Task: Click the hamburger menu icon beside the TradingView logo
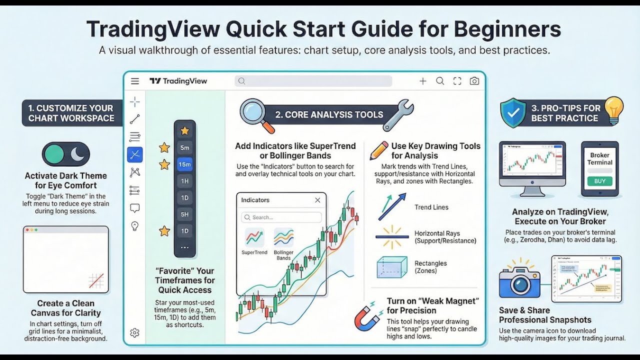(x=135, y=81)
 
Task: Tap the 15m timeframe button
(x=184, y=164)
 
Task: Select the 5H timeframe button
(x=184, y=214)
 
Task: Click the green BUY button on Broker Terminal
(x=599, y=181)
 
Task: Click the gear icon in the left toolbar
(x=134, y=332)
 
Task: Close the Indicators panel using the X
(x=317, y=200)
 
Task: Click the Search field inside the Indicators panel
(x=281, y=217)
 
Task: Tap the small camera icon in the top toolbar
(x=474, y=81)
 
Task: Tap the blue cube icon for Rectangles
(x=391, y=267)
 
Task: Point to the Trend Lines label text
(x=431, y=207)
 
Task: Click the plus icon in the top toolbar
(x=423, y=81)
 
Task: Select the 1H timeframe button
(x=184, y=181)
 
